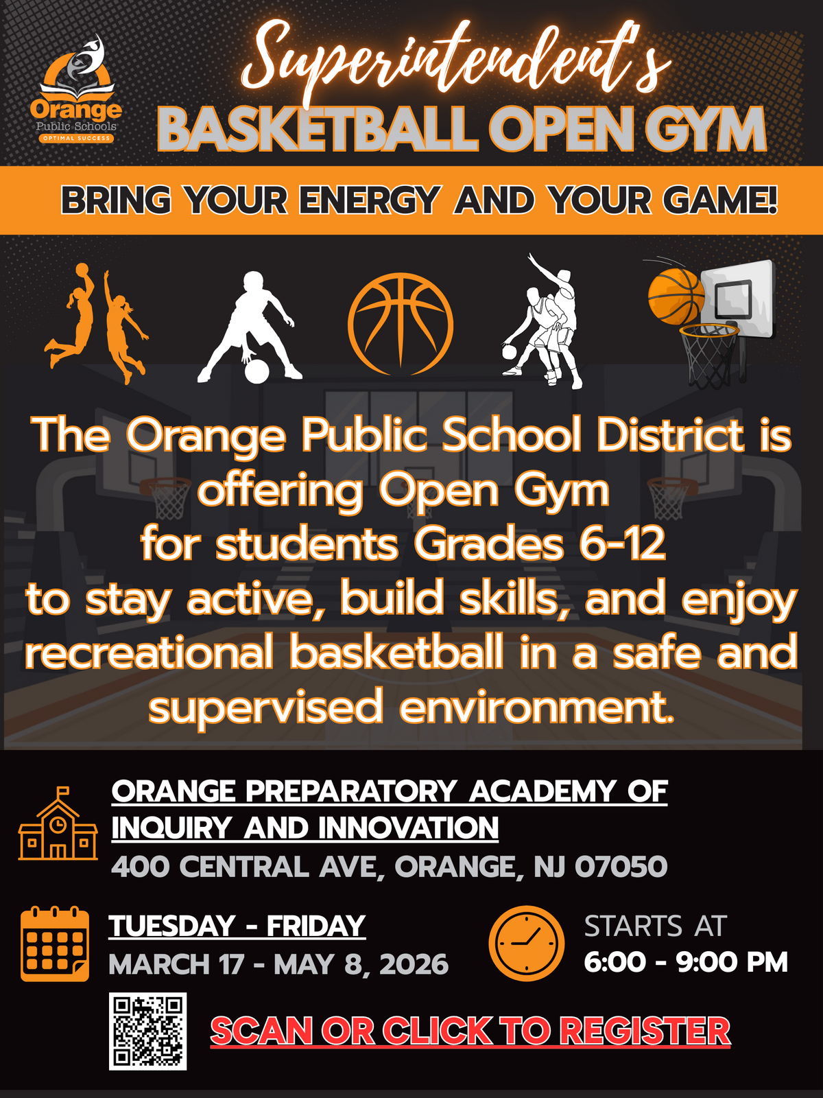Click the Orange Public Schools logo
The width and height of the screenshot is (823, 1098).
point(76,89)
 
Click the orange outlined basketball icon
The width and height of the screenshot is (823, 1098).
point(401,324)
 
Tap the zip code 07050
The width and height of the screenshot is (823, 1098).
point(621,867)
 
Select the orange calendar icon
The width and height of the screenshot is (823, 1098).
point(55,944)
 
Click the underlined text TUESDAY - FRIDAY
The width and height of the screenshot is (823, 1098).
point(237,926)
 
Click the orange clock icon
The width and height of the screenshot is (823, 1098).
point(526,944)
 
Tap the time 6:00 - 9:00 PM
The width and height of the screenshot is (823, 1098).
point(686,961)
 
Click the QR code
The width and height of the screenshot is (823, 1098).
point(148,1031)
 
